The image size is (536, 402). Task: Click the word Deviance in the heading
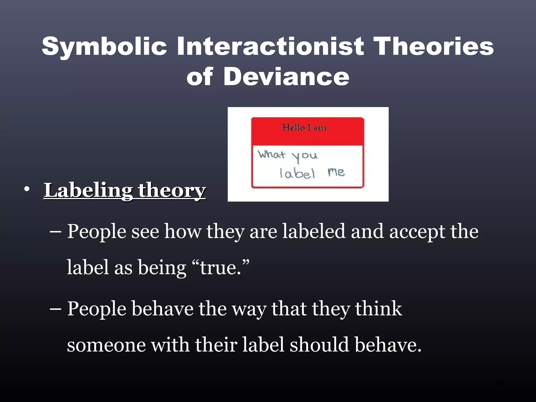coord(286,76)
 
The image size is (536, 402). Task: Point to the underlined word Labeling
coord(88,191)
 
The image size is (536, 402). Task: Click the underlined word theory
coord(172,191)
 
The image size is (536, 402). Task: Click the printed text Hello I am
coord(304,128)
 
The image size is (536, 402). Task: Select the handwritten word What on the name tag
coord(271,154)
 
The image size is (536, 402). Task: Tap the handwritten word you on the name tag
coord(305,157)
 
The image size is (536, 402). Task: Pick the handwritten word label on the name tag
coord(297,173)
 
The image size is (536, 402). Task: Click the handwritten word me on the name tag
coord(336,172)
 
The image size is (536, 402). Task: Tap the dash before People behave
coord(55,309)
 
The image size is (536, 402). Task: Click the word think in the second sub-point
coord(378,309)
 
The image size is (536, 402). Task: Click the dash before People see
coord(55,232)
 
